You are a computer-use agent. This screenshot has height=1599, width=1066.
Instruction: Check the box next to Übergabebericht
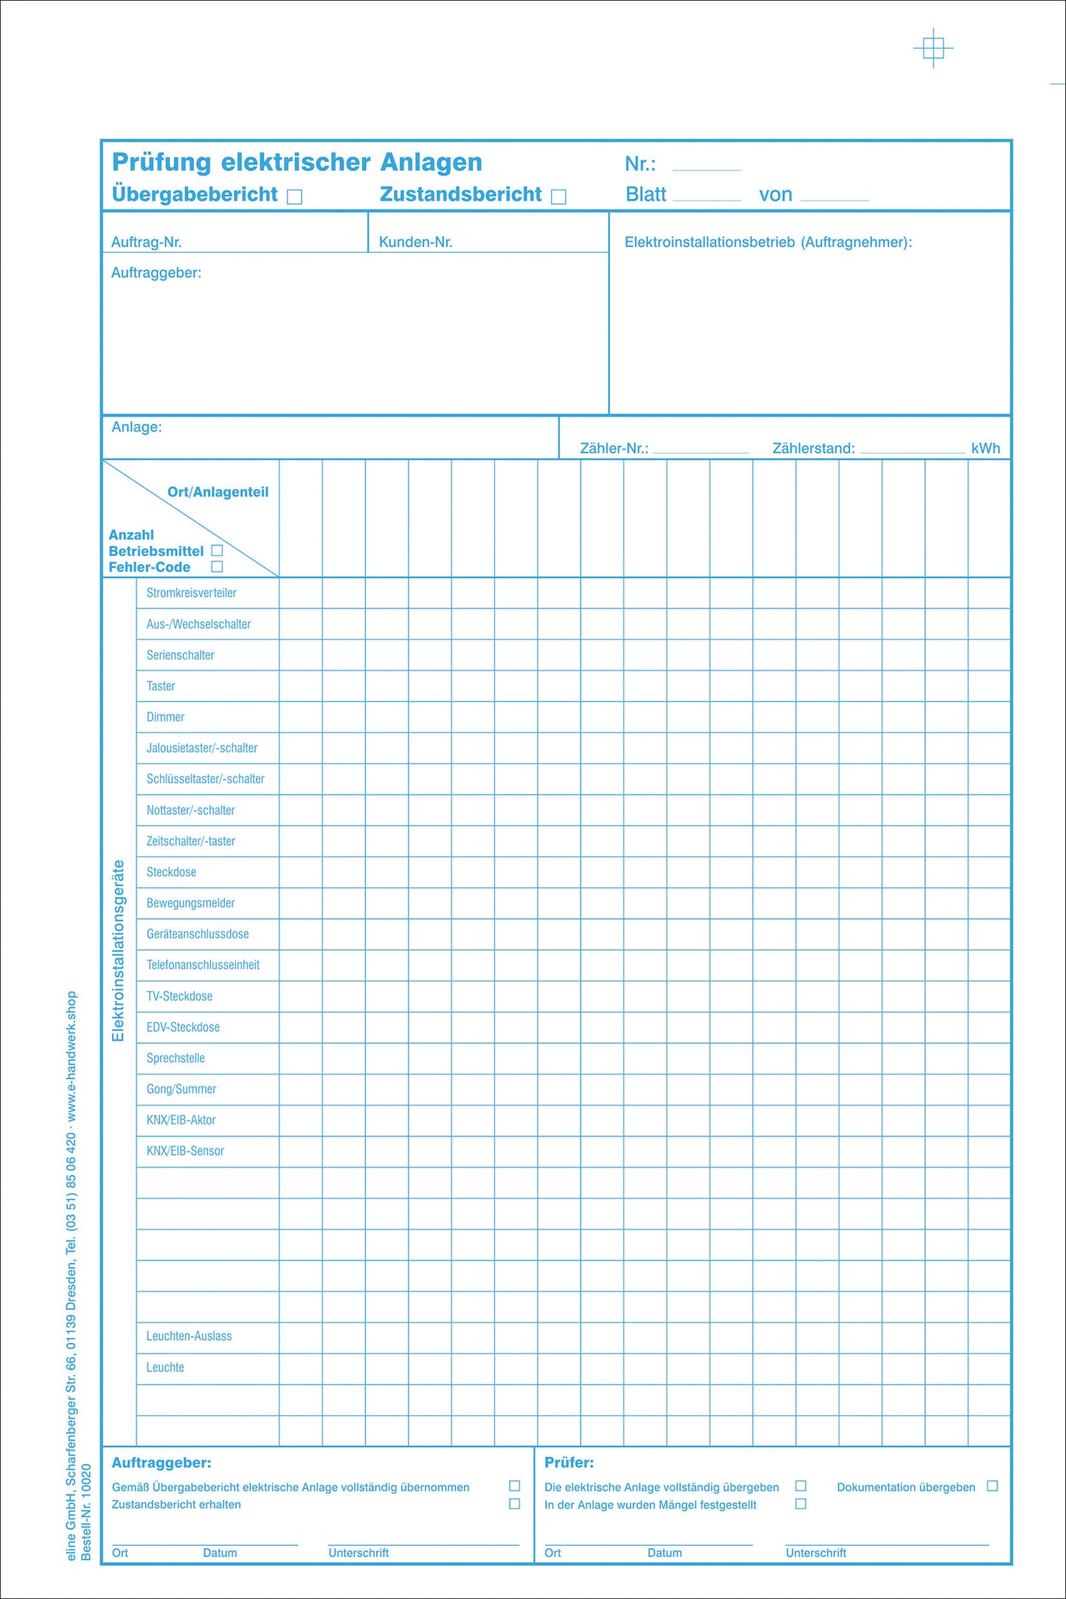(x=294, y=196)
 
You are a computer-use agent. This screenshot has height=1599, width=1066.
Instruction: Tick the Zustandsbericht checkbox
(x=558, y=196)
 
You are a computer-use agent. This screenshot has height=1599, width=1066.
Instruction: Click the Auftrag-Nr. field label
(x=146, y=242)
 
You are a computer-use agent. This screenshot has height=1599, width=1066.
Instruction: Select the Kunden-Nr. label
(x=415, y=242)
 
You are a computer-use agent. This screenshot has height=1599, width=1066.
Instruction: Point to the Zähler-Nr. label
(x=614, y=448)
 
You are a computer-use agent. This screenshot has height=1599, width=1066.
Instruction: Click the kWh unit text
(x=986, y=448)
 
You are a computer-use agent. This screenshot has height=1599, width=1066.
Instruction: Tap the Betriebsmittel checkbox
(x=217, y=550)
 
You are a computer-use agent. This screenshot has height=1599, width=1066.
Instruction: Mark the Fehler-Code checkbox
(x=217, y=566)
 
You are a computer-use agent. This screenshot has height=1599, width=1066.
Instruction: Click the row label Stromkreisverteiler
(x=191, y=593)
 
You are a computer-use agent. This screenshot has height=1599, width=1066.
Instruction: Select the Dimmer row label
(x=165, y=717)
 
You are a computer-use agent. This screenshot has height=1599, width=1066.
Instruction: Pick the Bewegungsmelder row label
(x=190, y=903)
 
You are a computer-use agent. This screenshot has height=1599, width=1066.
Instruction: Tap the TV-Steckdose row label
(x=179, y=996)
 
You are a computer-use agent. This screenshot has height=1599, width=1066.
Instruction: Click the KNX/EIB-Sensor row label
(x=185, y=1151)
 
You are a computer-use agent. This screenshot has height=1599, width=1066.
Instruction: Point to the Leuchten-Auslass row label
(x=189, y=1336)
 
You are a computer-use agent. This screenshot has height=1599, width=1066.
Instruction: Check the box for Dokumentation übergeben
(x=992, y=1485)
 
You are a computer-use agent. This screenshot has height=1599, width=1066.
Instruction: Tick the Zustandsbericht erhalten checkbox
(x=515, y=1503)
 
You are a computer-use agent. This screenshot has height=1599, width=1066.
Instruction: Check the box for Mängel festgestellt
(x=800, y=1503)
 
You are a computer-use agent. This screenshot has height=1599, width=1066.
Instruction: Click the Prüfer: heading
(x=569, y=1462)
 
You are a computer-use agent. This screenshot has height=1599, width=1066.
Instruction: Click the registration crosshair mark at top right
(x=933, y=49)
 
